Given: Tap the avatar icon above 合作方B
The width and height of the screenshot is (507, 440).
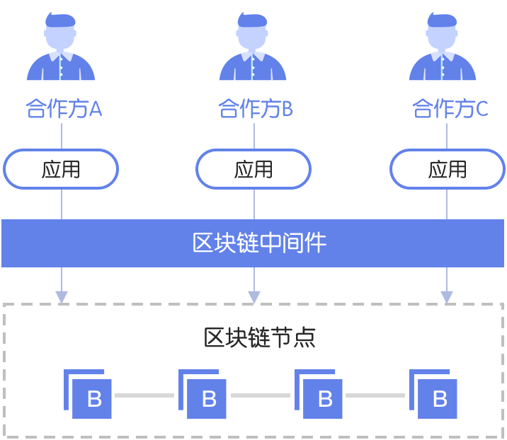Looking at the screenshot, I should tap(254, 47).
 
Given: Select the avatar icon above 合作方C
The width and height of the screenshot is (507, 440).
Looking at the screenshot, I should tap(445, 47).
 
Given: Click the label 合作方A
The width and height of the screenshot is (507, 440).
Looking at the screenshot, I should tap(64, 109).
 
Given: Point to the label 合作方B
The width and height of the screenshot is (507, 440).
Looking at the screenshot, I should tap(255, 109).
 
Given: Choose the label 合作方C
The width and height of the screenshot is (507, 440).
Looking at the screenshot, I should tap(450, 109).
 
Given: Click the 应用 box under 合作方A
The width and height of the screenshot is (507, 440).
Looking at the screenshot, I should tap(61, 169).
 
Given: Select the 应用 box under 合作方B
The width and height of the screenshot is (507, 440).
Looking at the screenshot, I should tap(253, 169).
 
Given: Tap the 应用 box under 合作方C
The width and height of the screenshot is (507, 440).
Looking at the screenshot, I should tap(448, 169).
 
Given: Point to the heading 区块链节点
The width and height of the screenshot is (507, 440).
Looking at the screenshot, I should tap(259, 337).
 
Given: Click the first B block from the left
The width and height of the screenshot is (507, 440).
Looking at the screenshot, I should tap(92, 398).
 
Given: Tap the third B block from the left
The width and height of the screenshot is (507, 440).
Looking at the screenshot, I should tap(323, 398).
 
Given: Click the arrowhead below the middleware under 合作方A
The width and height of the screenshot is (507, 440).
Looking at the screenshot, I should tap(62, 296).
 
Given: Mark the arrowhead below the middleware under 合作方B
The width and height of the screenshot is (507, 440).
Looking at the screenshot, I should tap(254, 296).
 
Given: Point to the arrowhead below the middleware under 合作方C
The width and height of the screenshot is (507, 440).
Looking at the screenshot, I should tap(447, 296).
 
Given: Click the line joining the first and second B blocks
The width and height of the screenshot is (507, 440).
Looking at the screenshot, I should tap(144, 395).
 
